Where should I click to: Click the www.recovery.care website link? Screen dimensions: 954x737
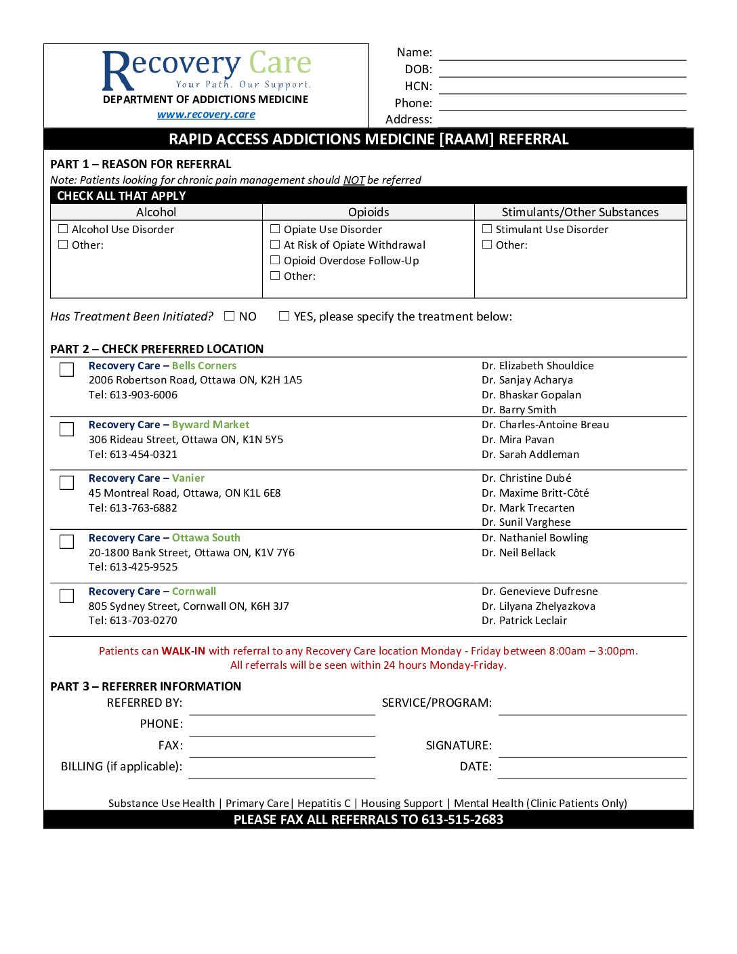click(206, 115)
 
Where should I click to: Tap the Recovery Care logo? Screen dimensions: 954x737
click(206, 70)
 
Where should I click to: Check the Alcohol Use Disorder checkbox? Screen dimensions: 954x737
click(63, 229)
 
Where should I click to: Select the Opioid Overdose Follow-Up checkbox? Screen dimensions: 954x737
click(275, 260)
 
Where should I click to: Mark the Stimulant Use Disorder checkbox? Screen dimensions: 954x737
click(487, 229)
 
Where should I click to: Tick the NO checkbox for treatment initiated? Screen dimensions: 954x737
click(230, 316)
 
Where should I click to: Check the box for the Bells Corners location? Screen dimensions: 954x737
click(66, 369)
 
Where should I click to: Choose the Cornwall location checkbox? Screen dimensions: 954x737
click(66, 596)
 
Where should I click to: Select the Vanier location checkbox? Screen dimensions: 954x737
click(66, 482)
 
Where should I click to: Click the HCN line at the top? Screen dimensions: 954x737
click(562, 87)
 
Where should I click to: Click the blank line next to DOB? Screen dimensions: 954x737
click(562, 70)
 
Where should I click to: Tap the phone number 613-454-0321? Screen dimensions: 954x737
click(143, 455)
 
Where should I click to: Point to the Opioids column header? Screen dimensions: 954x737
click(368, 212)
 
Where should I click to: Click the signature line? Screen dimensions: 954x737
click(593, 750)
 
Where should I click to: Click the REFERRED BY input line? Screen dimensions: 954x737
click(282, 708)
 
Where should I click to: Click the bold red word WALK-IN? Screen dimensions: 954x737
click(183, 651)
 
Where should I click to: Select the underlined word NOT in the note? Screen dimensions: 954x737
click(354, 180)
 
